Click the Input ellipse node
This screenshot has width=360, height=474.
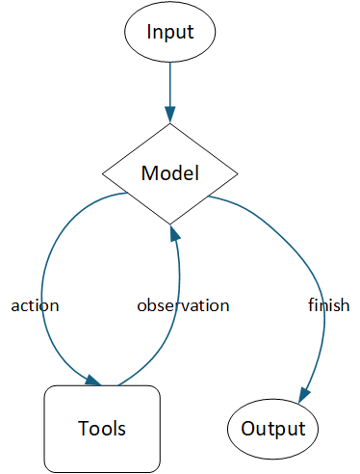(169, 32)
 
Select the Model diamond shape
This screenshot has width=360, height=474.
(169, 174)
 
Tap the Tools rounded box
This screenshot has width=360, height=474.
(102, 428)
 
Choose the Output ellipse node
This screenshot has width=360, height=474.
(272, 429)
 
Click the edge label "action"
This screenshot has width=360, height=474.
(35, 305)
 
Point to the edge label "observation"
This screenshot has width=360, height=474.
(183, 305)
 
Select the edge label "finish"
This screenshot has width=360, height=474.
(328, 305)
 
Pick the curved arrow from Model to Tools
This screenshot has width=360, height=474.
(46, 289)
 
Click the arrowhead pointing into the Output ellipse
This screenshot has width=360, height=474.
(303, 394)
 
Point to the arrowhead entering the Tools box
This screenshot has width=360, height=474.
(93, 381)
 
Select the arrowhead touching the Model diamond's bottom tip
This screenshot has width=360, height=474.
(170, 234)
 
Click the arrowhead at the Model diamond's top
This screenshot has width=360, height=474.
(169, 115)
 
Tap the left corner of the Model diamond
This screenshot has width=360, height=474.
(104, 174)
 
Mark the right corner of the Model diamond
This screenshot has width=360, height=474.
(236, 174)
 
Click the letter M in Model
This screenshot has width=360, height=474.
(148, 174)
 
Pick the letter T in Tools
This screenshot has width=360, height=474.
(81, 428)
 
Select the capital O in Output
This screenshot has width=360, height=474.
(248, 429)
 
